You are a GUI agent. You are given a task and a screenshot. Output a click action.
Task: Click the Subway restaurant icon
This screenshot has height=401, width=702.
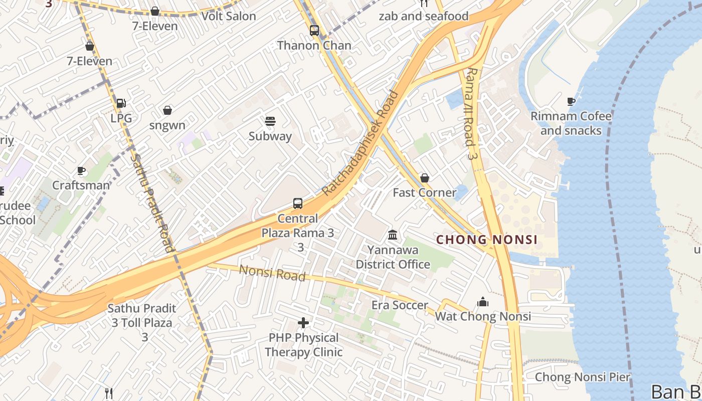[x=270, y=121]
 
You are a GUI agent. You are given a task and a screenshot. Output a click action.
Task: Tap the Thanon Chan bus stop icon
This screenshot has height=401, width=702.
[x=314, y=31]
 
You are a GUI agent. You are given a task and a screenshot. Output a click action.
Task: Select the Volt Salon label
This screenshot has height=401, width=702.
[x=229, y=16]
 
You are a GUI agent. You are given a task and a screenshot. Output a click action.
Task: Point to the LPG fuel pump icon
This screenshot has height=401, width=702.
[x=121, y=103]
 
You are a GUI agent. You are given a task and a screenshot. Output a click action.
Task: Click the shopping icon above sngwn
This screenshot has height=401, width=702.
[x=167, y=110]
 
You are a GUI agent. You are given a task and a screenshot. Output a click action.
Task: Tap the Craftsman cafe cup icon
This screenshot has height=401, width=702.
[x=81, y=171]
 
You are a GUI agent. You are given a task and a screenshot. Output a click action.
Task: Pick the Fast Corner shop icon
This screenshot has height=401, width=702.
[x=425, y=178]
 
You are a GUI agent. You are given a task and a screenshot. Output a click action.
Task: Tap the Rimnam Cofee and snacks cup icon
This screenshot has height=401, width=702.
[x=571, y=101]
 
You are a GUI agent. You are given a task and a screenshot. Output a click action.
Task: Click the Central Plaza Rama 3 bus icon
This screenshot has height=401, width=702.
[x=298, y=204]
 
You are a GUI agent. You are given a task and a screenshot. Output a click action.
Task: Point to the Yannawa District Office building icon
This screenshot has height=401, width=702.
[x=393, y=235]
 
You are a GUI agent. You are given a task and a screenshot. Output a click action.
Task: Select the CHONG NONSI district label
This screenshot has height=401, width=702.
[x=486, y=240]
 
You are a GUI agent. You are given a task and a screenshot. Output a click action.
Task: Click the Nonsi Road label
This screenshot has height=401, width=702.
[x=272, y=273]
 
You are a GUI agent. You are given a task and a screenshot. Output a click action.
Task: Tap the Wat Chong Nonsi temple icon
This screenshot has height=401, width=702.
[x=483, y=302]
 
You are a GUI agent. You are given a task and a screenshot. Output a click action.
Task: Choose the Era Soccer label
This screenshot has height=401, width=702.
[x=400, y=305]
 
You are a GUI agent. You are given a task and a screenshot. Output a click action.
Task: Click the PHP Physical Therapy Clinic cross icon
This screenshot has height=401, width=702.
[x=303, y=323]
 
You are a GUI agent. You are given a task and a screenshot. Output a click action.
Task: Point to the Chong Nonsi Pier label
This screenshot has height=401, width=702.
[x=582, y=377]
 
